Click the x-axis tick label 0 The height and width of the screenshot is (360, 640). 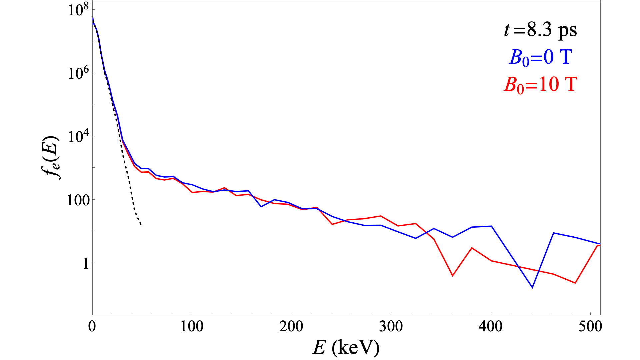(x=92, y=327)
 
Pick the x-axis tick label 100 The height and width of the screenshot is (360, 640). (x=192, y=327)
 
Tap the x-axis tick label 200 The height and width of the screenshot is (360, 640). (x=292, y=327)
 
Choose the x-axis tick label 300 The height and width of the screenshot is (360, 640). (x=391, y=327)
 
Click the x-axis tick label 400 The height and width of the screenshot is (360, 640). (x=491, y=327)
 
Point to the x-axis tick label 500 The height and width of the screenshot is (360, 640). (x=590, y=327)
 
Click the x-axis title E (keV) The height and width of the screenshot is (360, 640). (x=346, y=348)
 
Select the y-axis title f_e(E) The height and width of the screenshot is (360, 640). (x=52, y=158)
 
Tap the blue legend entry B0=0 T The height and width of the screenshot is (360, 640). (x=540, y=57)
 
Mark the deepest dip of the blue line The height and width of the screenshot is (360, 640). (x=532, y=287)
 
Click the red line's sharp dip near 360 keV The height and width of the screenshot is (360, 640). (x=452, y=276)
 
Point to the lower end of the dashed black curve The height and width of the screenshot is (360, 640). (x=141, y=225)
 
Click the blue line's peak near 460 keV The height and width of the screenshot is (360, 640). (x=553, y=233)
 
